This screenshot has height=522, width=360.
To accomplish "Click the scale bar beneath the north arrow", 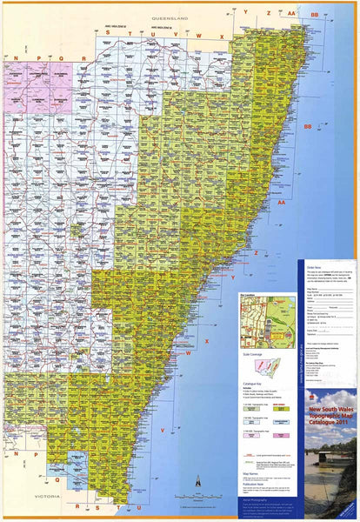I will point(198,492).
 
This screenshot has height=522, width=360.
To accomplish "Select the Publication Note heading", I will point(253,486).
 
